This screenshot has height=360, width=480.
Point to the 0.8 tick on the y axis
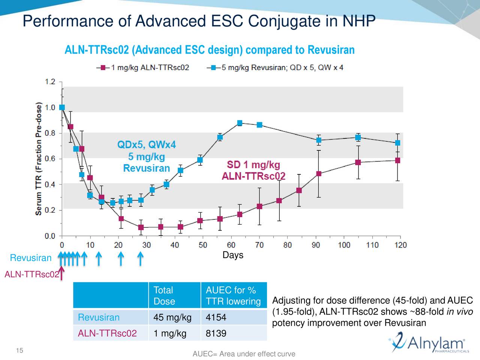coord(49,133)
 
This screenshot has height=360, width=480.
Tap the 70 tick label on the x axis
coord(259,245)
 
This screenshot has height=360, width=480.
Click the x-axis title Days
coord(233,255)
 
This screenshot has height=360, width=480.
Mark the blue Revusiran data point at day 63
coord(240,123)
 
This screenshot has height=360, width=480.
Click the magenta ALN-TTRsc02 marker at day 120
coord(397,160)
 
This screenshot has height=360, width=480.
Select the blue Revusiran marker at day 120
coord(397,143)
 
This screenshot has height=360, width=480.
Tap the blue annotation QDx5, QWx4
coord(147,145)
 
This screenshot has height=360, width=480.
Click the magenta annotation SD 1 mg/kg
coord(253,165)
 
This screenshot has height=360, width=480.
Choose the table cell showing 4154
coord(216,318)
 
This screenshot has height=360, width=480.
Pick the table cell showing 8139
coord(216,333)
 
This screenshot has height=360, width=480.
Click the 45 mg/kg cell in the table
coord(172,318)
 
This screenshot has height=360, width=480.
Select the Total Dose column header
coord(164,295)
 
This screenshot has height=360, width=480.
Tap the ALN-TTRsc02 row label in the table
coord(107,333)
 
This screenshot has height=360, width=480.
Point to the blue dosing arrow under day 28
coord(140,258)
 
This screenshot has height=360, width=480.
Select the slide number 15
coord(19,351)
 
